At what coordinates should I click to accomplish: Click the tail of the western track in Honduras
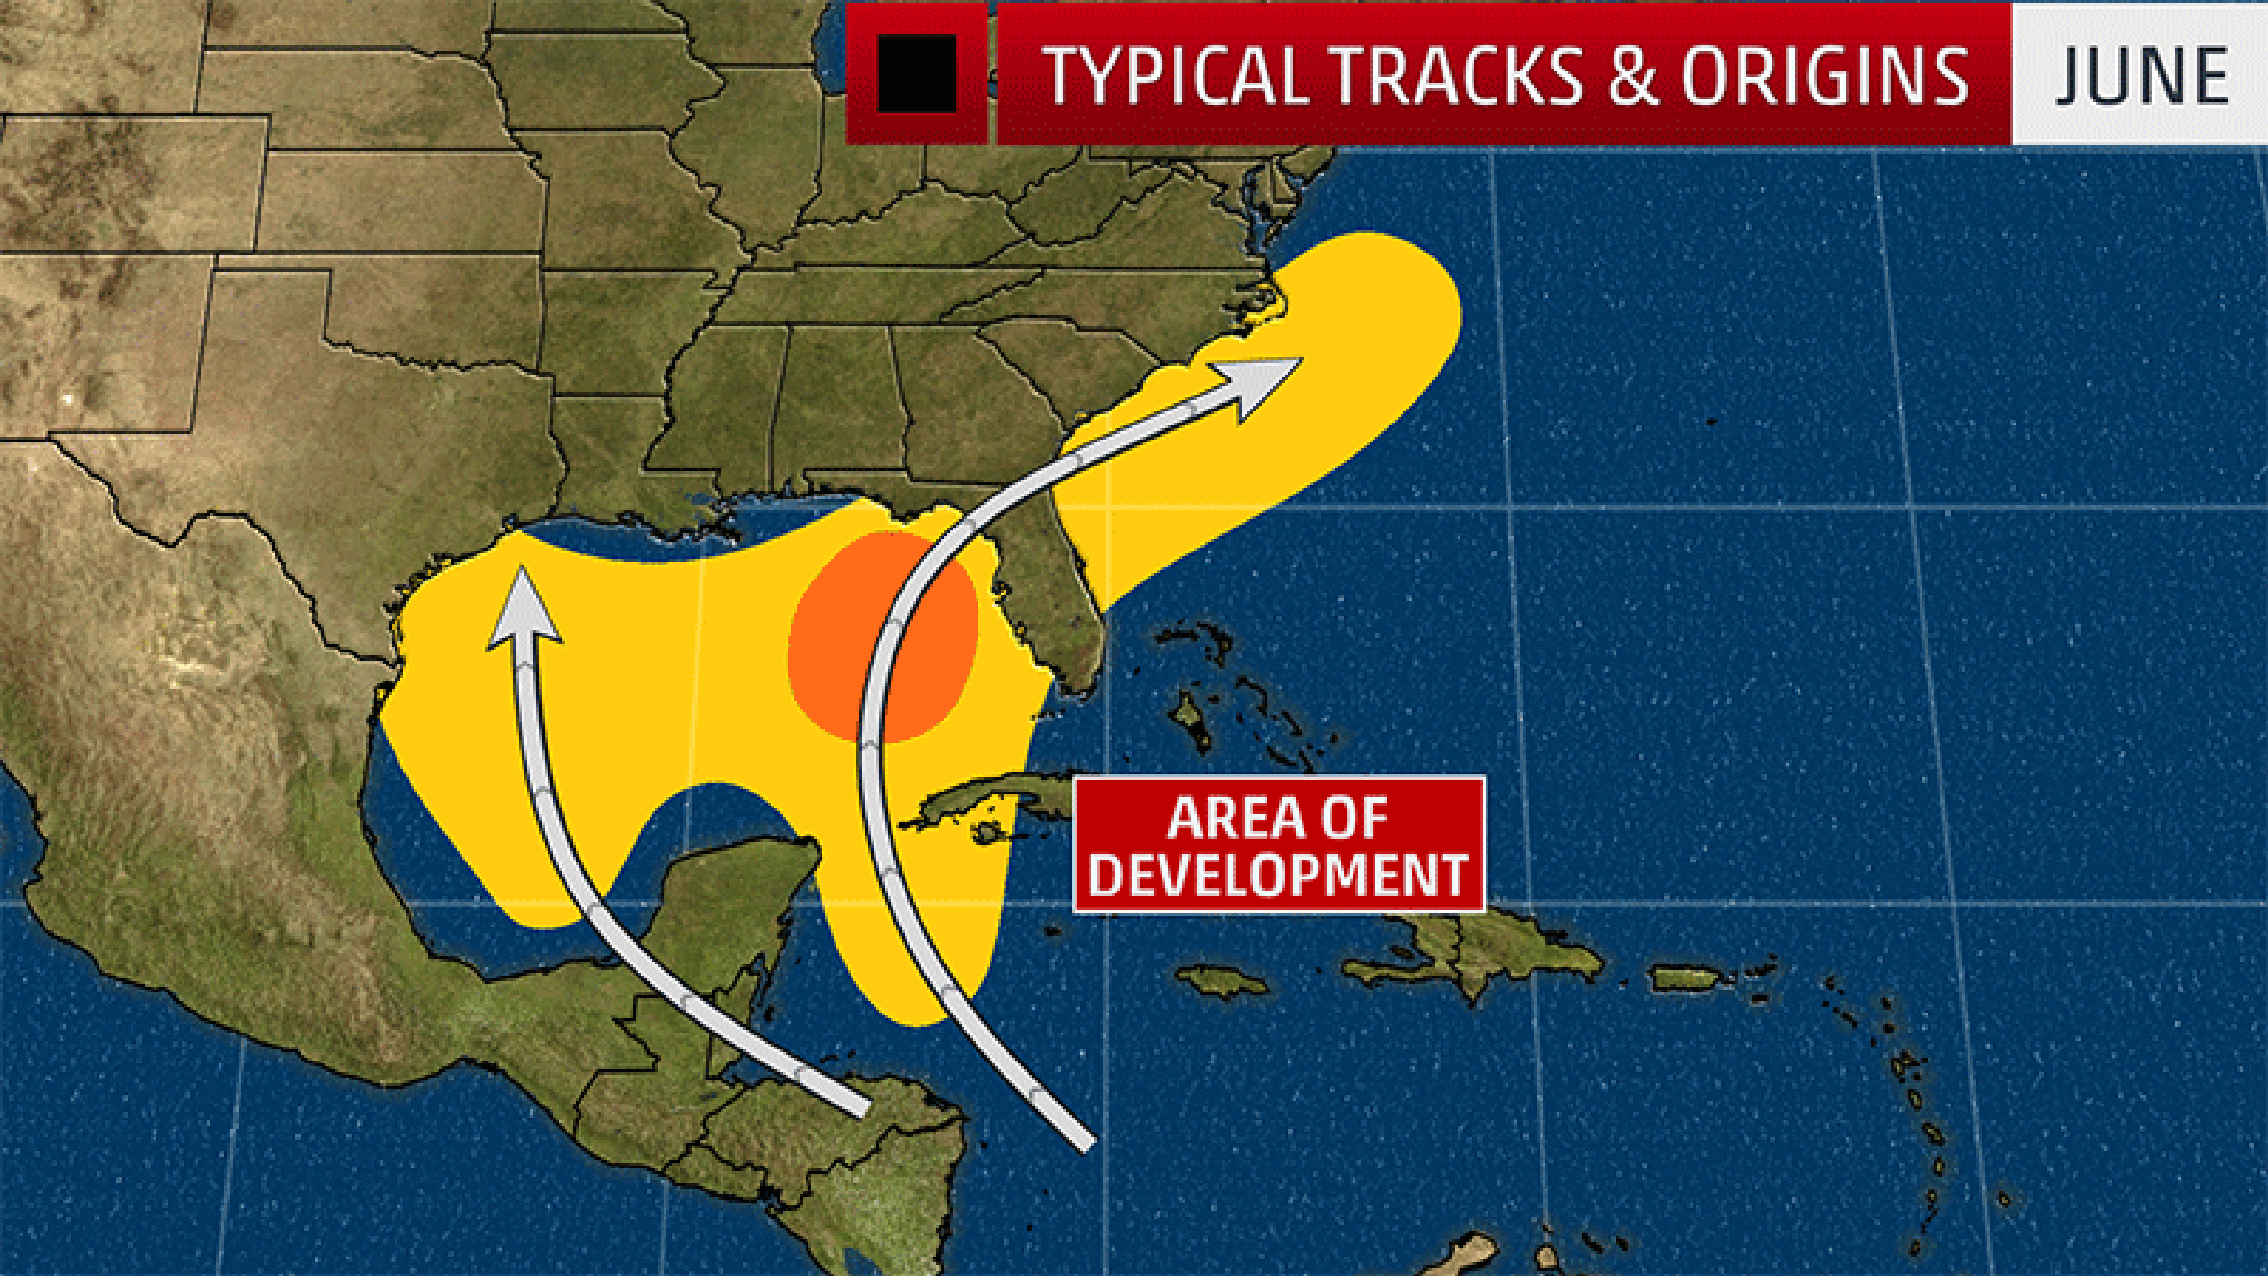[x=858, y=1105]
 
